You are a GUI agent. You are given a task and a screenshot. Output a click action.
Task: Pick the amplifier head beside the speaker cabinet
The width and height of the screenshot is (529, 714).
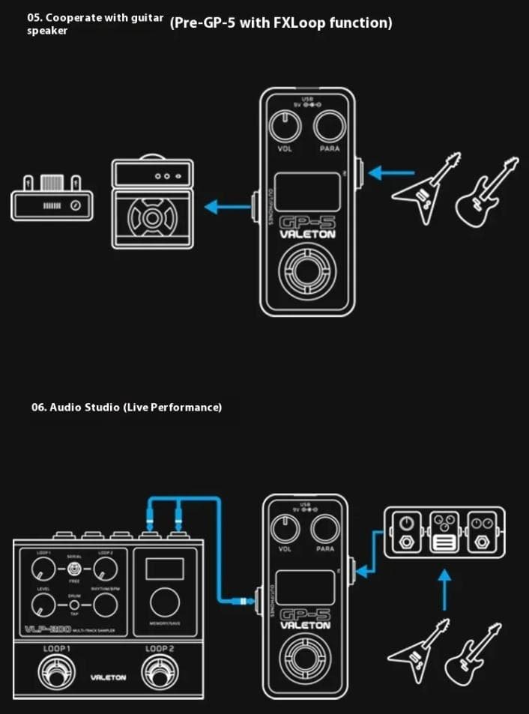pyautogui.click(x=52, y=199)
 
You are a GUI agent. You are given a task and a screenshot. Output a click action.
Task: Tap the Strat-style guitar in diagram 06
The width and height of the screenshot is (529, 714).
pyautogui.click(x=472, y=653)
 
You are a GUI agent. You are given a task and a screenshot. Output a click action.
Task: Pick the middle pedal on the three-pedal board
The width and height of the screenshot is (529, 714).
pyautogui.click(x=445, y=531)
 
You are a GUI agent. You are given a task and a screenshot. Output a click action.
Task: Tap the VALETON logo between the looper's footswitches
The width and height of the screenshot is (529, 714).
pyautogui.click(x=108, y=677)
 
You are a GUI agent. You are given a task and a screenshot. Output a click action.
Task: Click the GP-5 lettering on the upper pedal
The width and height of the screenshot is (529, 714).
pyautogui.click(x=306, y=223)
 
